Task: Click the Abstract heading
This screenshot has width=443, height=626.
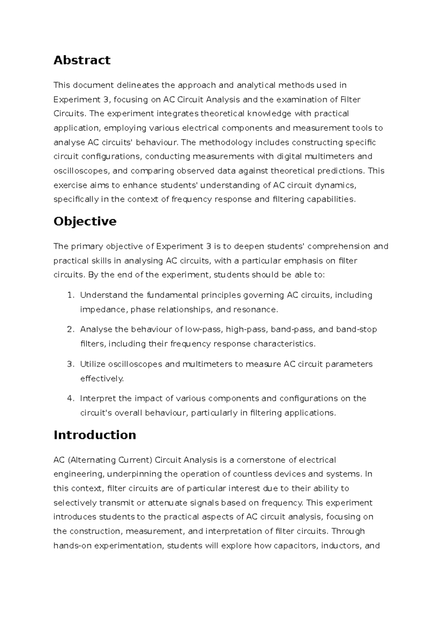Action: click(82, 60)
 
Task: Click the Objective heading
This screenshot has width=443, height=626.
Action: click(85, 221)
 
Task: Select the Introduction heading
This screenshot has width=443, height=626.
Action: click(95, 435)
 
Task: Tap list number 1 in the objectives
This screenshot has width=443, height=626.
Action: click(71, 295)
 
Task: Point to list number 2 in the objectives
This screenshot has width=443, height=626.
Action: click(71, 329)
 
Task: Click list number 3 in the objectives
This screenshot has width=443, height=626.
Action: click(71, 364)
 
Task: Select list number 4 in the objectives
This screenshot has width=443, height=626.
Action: click(71, 399)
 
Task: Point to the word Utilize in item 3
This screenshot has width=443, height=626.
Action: click(93, 364)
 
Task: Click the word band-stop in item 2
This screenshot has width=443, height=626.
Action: click(356, 329)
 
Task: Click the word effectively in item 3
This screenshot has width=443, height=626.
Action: click(102, 379)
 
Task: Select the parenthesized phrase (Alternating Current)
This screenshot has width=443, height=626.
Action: click(110, 460)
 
